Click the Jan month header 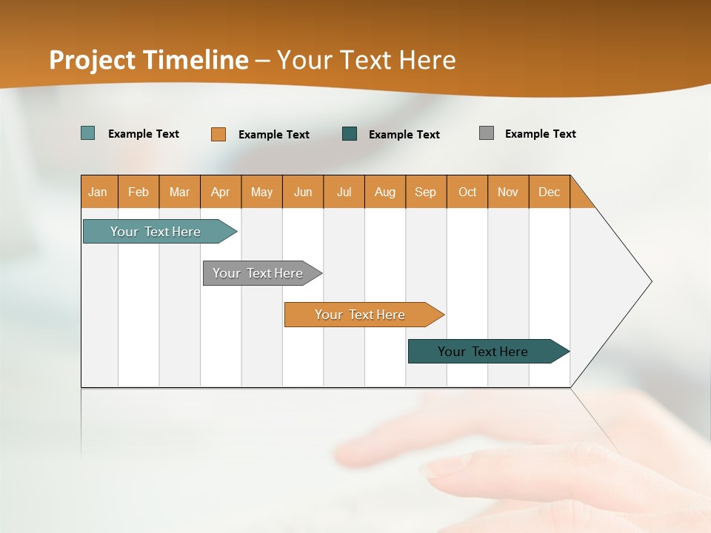coord(99,192)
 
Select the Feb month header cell coord(138,192)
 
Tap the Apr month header coord(221,192)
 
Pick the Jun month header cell coord(303,192)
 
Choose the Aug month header coord(385,192)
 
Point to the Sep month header coord(426,192)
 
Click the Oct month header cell coord(467,192)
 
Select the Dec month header coord(550,192)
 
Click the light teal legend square coord(88,133)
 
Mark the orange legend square coord(218,134)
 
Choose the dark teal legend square coord(350,134)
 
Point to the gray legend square coord(487,133)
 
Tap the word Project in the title coord(93,60)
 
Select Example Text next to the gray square coord(540,134)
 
